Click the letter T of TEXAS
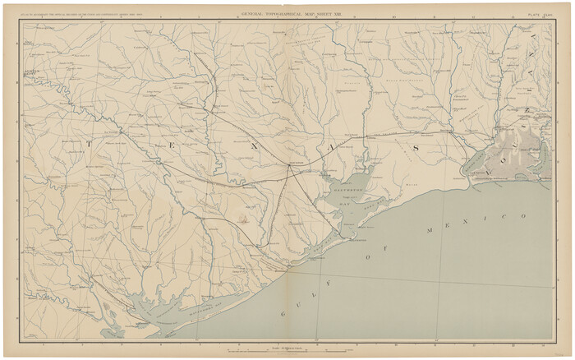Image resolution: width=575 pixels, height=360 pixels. [x=88, y=143]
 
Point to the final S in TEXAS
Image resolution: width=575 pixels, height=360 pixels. [x=416, y=147]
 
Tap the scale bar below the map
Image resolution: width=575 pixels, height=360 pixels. [x=287, y=351]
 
